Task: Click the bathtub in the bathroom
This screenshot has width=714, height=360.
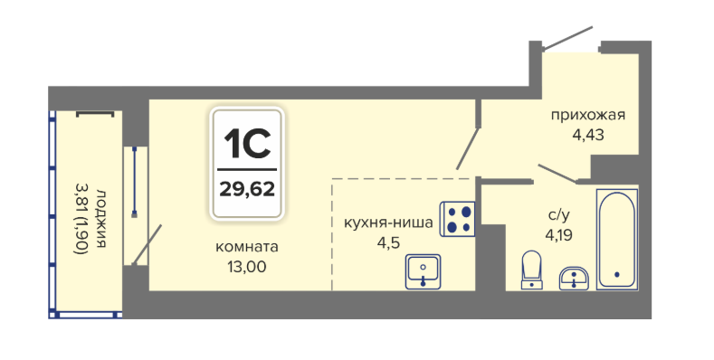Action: [x=617, y=240]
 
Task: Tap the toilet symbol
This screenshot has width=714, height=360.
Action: [x=531, y=270]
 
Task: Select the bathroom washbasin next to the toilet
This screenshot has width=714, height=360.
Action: [x=574, y=278]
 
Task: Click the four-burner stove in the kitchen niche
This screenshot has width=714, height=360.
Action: [x=457, y=219]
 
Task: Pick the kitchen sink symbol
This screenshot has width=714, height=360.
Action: [x=423, y=271]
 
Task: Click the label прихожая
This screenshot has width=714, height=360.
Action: [x=588, y=115]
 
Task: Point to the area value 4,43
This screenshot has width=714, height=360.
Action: [x=588, y=135]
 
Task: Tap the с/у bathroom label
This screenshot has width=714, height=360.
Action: [x=558, y=214]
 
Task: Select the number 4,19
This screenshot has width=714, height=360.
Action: [x=558, y=235]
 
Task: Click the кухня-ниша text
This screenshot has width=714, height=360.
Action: [x=388, y=223]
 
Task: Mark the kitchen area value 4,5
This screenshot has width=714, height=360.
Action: [x=388, y=242]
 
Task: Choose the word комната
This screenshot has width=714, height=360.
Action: [x=247, y=247]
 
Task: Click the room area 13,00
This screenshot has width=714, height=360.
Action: [x=247, y=267]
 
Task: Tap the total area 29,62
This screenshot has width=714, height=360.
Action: [x=247, y=188]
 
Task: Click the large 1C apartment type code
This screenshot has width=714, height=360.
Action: [x=247, y=143]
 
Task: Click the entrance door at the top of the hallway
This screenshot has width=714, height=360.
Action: [x=567, y=38]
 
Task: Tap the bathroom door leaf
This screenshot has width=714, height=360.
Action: [x=558, y=174]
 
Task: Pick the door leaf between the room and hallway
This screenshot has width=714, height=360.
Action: [x=468, y=149]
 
